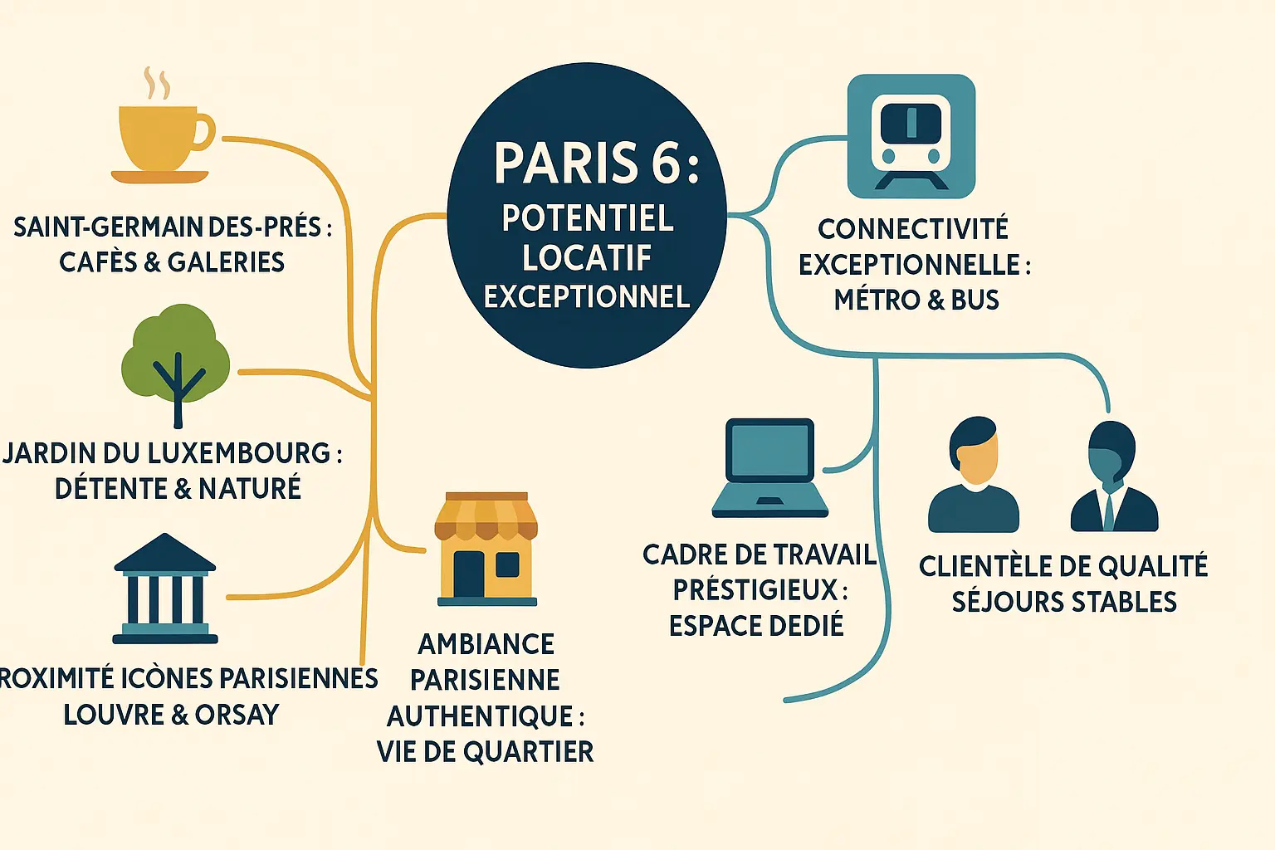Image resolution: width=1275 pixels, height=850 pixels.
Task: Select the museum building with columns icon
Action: [x=165, y=589]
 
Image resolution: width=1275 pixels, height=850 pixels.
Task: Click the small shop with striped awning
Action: [x=486, y=550]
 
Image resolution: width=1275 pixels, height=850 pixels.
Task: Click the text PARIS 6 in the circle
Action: [x=596, y=163]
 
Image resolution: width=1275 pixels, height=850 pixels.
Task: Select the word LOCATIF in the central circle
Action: [x=587, y=258]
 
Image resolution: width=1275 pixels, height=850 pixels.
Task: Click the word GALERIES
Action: [x=226, y=262]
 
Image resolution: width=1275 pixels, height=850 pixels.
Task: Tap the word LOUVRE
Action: [x=114, y=715]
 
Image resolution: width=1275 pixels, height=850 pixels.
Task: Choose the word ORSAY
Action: [x=237, y=715]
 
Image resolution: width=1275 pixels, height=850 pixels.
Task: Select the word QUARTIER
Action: [x=528, y=752]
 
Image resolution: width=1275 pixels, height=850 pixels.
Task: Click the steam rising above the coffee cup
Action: [x=157, y=83]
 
